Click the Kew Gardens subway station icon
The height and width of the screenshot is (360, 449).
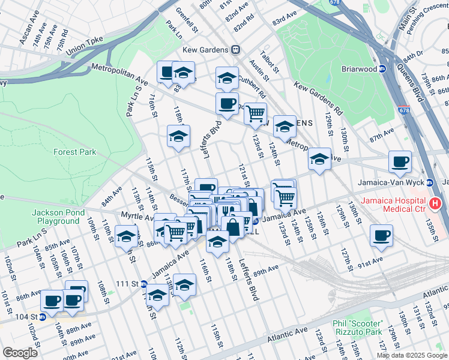(x=237, y=50)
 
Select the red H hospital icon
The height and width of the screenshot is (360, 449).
(x=436, y=204)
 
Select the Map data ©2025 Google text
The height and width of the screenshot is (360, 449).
(x=411, y=355)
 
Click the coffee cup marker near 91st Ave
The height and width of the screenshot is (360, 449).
(x=381, y=235)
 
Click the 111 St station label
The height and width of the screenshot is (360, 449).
(x=127, y=283)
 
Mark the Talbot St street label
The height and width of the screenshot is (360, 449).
(x=269, y=61)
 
